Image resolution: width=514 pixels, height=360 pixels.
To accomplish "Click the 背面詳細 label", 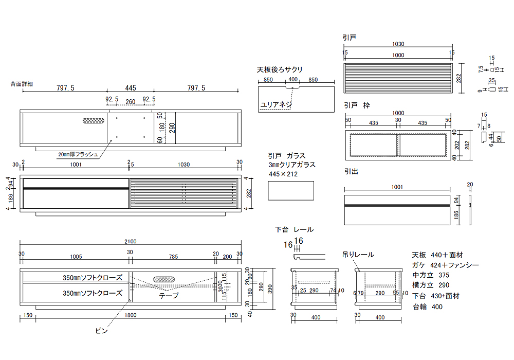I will coord(22,83).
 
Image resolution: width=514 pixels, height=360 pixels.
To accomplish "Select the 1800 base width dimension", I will coord(130,315).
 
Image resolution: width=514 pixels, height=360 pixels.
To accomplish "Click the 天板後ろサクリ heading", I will coord(280,70).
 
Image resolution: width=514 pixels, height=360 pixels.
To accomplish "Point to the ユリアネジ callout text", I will coord(276,104).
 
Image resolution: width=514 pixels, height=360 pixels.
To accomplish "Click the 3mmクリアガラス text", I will coord(292,165).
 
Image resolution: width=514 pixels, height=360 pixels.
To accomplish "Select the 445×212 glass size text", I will coord(283,174).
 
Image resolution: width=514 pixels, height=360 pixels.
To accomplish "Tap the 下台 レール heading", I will coord(294,229).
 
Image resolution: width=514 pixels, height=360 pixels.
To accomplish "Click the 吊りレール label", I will coord(358,255).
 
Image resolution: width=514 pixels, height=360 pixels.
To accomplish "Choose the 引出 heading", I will coord(351,171).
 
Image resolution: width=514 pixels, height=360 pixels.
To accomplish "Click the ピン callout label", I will coord(102,331).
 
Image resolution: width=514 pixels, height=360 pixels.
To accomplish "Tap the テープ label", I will coord(169,296).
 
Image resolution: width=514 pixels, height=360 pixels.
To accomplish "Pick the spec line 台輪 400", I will coord(427,307).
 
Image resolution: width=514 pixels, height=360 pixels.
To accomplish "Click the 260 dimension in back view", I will coord(131,102).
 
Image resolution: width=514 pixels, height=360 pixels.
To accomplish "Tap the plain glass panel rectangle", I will coord(291,192).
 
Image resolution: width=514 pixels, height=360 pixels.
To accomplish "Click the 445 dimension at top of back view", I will coord(130,88).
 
